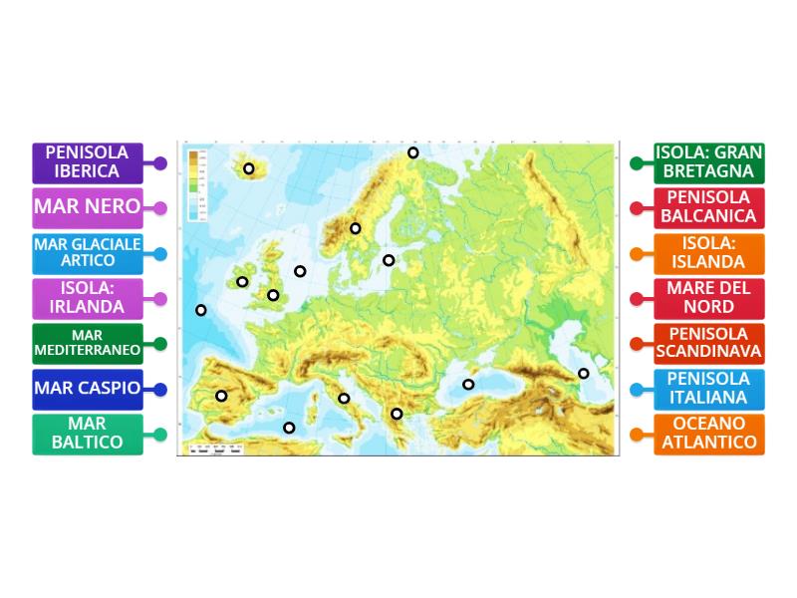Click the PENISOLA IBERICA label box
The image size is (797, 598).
(88, 162)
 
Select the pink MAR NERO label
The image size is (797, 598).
(88, 208)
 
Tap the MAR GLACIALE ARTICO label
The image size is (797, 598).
(88, 252)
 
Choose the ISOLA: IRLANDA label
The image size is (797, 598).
(88, 298)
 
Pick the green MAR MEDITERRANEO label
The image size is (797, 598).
(88, 343)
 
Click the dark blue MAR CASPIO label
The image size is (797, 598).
(88, 388)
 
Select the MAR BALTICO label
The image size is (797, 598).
(88, 434)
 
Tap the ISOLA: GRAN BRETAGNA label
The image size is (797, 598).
(709, 162)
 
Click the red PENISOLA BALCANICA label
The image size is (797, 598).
(709, 207)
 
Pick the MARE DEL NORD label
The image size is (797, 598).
(709, 298)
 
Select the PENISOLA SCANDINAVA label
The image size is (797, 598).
(709, 343)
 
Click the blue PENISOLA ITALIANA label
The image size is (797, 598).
(709, 388)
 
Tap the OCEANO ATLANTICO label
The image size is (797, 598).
(709, 434)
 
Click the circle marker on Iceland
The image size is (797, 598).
(249, 168)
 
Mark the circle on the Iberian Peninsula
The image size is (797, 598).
(221, 396)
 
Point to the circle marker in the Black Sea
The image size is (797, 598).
(468, 384)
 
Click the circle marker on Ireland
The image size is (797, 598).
(242, 282)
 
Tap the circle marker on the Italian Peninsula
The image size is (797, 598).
(344, 398)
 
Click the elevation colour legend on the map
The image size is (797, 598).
(196, 185)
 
